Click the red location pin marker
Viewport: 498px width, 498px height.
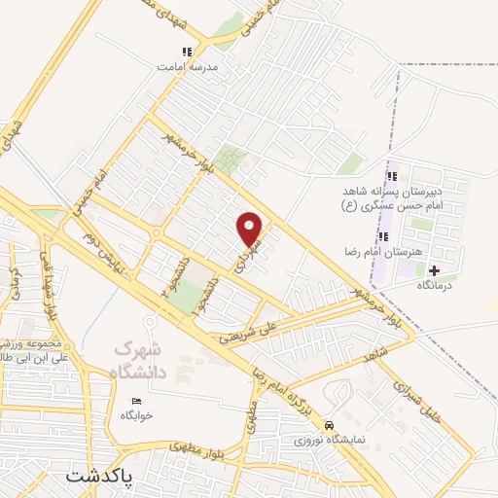click(250, 228)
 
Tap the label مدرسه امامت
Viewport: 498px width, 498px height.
click(187, 68)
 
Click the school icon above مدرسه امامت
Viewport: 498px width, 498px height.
click(187, 52)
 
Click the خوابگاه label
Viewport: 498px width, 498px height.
click(136, 415)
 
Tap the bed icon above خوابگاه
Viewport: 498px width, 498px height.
click(136, 401)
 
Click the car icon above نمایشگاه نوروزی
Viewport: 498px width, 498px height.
click(331, 425)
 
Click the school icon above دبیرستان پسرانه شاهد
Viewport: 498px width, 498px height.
click(393, 176)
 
